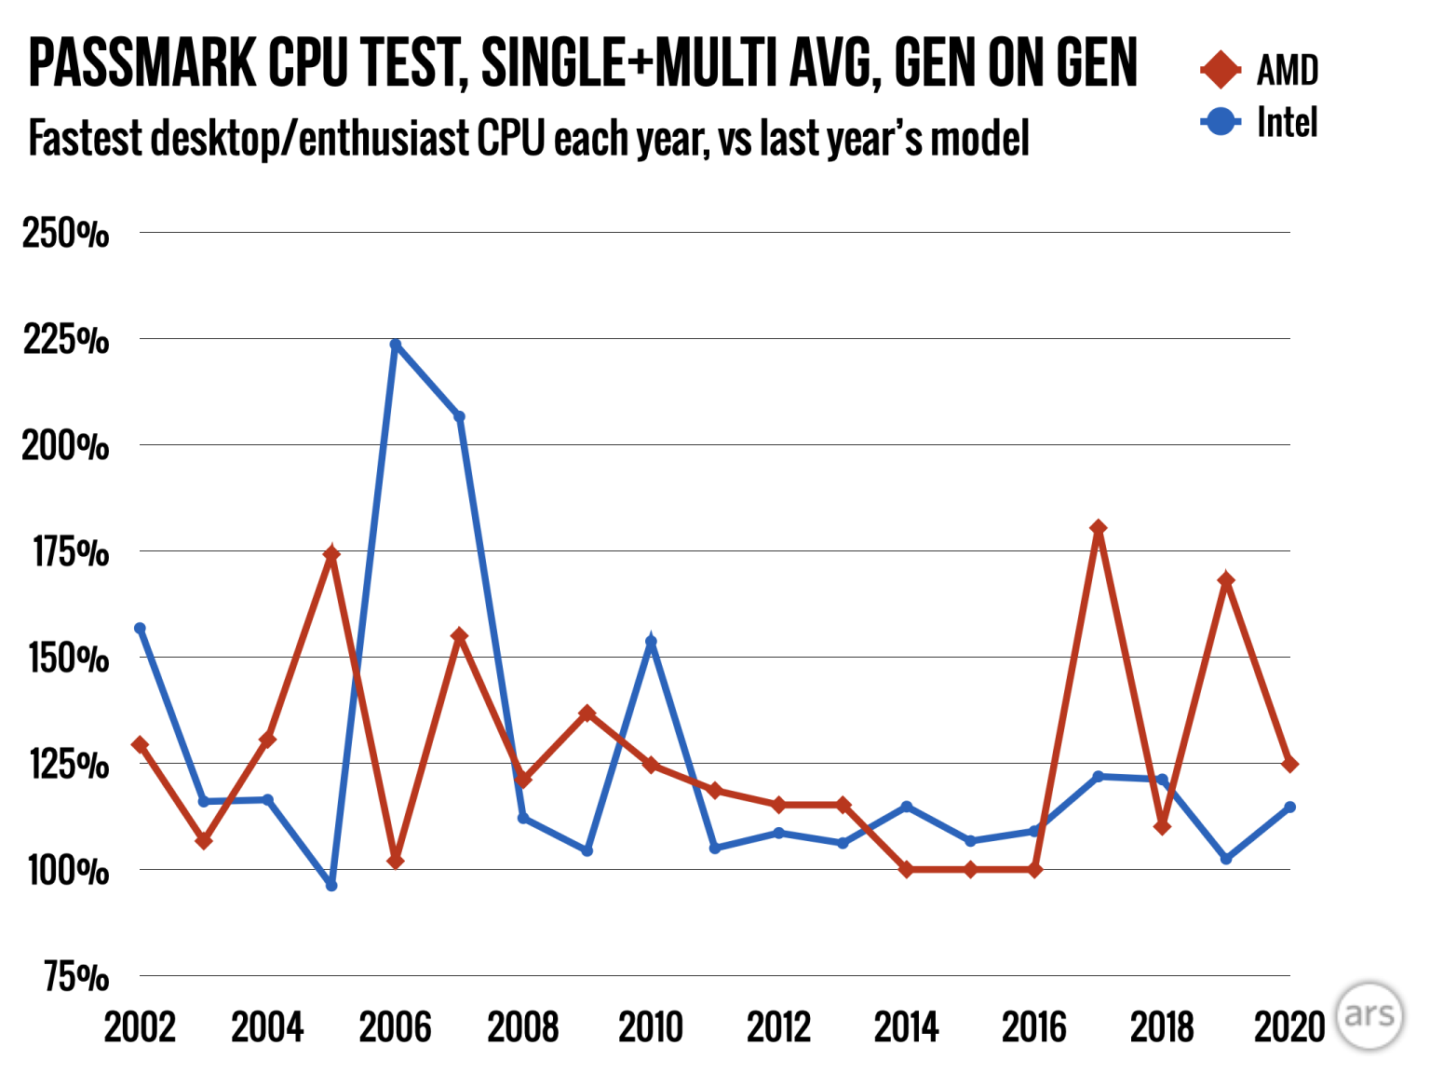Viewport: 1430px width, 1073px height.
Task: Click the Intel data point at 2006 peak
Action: [396, 345]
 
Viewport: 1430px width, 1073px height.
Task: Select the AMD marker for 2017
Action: [1099, 528]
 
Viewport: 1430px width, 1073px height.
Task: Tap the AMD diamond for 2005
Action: [331, 554]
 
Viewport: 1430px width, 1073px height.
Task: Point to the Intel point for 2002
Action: [141, 628]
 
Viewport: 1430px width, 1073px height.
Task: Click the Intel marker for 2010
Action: [651, 642]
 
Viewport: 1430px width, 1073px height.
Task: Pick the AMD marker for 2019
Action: [1226, 580]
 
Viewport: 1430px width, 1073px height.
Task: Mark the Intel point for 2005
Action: [331, 885]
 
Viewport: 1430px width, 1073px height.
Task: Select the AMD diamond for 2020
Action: [1290, 764]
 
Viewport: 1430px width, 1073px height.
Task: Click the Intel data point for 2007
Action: [459, 416]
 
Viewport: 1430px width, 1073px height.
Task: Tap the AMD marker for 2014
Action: [907, 869]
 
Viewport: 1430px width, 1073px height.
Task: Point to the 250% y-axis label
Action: [65, 233]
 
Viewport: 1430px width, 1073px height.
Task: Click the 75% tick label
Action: [75, 977]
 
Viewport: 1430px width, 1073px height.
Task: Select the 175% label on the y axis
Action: [70, 552]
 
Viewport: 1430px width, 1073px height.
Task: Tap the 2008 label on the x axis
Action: [523, 1027]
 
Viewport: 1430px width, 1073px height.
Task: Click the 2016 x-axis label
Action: [1034, 1027]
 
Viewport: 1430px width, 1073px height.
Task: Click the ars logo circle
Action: [1369, 1014]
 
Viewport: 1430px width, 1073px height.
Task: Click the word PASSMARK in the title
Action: [142, 63]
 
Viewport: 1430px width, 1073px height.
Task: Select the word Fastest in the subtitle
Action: [86, 139]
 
